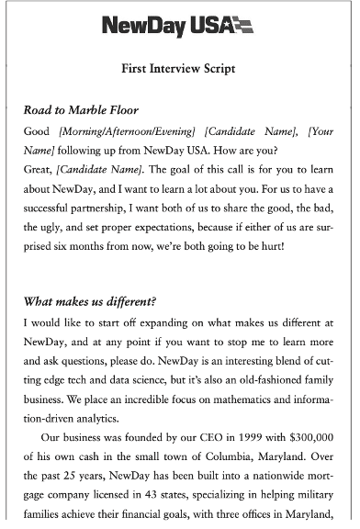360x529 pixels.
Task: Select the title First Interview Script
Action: [178, 69]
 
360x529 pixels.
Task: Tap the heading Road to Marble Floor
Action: [87, 110]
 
